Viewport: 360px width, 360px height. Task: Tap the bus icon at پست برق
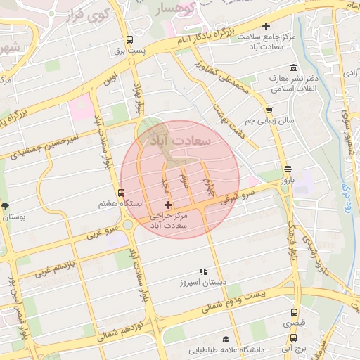pos(129,40)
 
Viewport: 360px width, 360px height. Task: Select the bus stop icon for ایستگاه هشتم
pos(122,193)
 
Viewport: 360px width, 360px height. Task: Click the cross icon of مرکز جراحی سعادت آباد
pos(167,205)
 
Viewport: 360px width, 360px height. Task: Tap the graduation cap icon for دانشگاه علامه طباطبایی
pos(226,339)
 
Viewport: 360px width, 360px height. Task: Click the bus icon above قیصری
pos(295,311)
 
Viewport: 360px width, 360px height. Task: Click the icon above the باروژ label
pos(288,168)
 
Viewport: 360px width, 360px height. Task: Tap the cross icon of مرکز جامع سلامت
pos(265,27)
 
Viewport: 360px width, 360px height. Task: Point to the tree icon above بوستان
pos(6,206)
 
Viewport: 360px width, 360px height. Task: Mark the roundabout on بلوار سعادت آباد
pos(127,225)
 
